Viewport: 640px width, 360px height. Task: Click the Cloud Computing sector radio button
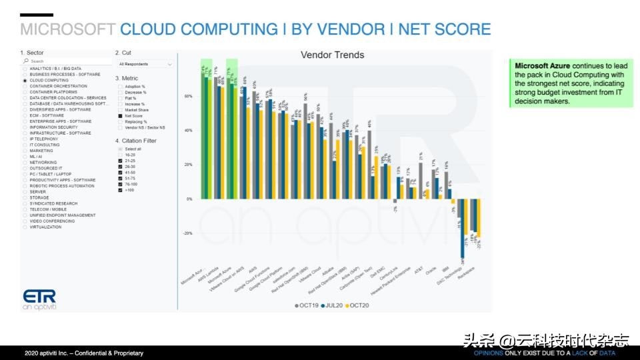25,80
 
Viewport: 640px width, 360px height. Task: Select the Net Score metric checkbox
120,116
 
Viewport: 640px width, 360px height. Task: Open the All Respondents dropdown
145,64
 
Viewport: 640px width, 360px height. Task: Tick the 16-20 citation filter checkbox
120,155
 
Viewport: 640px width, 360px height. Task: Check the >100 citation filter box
120,190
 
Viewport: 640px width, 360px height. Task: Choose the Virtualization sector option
25,227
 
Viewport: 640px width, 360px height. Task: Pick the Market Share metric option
120,110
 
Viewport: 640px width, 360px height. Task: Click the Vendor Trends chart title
332,55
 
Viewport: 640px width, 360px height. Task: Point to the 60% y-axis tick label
188,96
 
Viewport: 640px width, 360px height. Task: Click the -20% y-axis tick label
187,233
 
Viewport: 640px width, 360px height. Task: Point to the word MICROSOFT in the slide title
68,29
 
